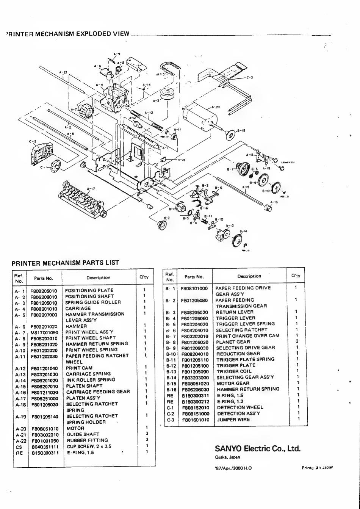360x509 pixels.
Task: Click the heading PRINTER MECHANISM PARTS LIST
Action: point(65,262)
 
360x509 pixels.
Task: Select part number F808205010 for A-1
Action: point(44,291)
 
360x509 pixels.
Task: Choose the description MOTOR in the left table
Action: point(75,428)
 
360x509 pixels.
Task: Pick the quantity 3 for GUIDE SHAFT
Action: point(146,433)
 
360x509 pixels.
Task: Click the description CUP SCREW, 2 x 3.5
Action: point(89,446)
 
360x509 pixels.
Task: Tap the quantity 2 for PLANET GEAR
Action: point(297,341)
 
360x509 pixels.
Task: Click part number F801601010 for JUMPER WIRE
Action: point(195,420)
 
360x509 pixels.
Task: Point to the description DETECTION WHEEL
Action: point(239,407)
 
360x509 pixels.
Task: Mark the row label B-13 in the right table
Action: point(169,371)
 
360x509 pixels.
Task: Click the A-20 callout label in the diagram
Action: point(215,107)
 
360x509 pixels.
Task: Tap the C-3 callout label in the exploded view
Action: point(249,78)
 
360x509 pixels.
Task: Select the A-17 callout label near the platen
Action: point(91,188)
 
